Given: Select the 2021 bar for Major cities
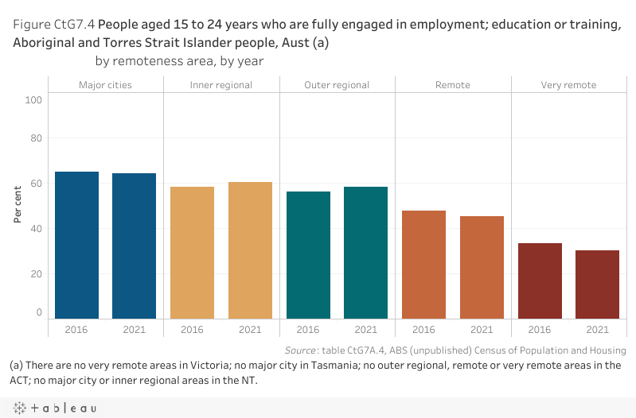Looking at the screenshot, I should tap(134, 246).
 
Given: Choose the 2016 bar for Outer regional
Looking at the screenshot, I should tap(308, 255).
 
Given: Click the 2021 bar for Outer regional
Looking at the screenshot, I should tap(365, 253).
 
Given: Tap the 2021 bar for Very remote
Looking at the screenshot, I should tap(597, 284).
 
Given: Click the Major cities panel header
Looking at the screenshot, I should tap(105, 85).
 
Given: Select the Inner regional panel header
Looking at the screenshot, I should tap(221, 85).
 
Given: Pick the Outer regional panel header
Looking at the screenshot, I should tap(337, 85).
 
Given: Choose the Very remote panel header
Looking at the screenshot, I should tap(568, 85).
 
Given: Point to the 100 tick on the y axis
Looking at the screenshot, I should tap(33, 100).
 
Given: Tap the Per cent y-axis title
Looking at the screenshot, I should tap(18, 204).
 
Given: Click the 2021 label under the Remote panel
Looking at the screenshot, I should tap(482, 330).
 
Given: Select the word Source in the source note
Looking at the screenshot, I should tap(302, 350).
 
